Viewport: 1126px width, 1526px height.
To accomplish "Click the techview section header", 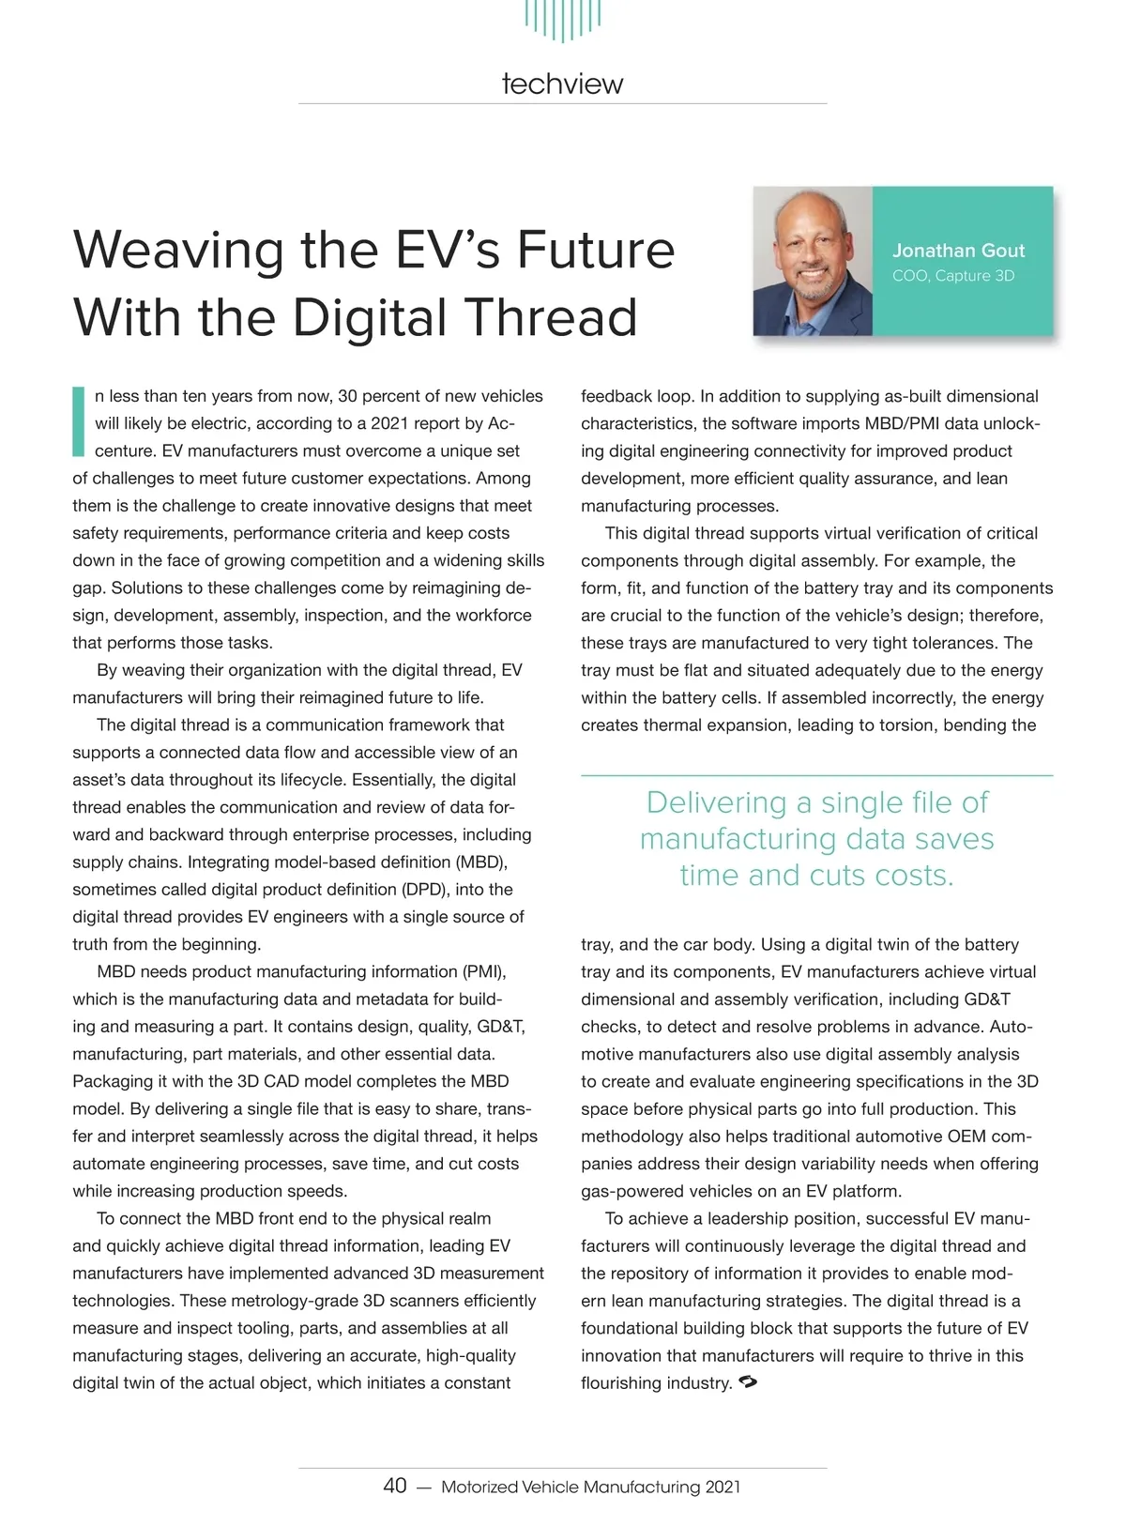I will [x=562, y=84].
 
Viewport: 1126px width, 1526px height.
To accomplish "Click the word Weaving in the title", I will [x=179, y=251].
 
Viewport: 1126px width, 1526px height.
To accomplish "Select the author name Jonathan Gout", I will [x=958, y=251].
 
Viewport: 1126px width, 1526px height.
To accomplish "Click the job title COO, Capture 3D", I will [x=953, y=276].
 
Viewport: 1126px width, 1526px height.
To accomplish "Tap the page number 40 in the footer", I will [x=395, y=1486].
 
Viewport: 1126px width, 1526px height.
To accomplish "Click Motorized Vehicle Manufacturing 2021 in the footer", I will [x=590, y=1487].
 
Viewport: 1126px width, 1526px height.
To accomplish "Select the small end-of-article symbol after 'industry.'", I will [x=748, y=1382].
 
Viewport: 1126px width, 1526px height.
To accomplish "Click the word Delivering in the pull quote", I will [x=716, y=802].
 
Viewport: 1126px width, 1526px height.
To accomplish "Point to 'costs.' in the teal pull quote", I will [x=914, y=876].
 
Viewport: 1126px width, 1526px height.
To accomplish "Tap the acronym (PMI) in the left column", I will [x=484, y=971].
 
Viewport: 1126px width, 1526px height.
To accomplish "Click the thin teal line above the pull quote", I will [x=816, y=776].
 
